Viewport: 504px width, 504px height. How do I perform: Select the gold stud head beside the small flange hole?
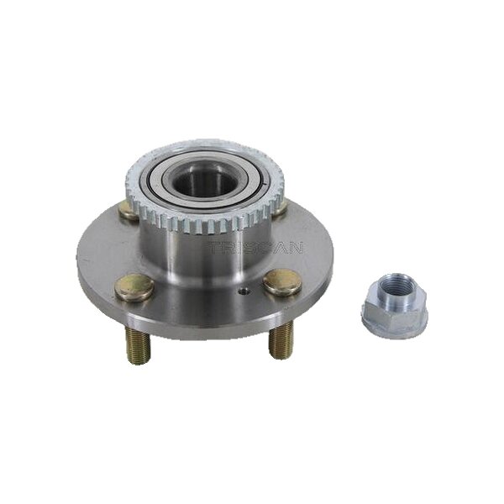[282, 282]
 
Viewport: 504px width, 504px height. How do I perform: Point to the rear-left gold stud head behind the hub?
[129, 212]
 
